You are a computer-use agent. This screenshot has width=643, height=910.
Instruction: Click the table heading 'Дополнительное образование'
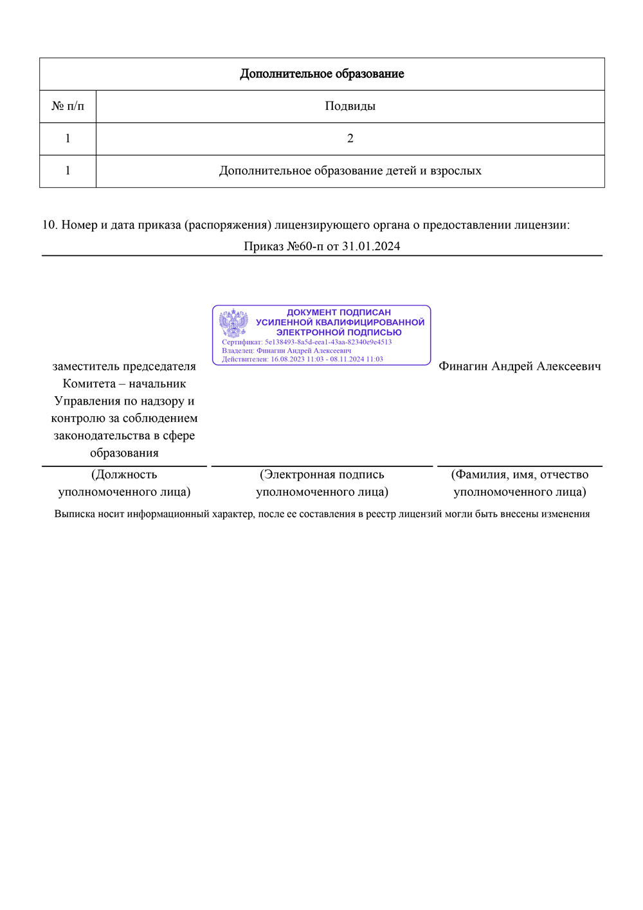321,74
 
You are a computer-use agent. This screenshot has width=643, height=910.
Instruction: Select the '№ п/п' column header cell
68,106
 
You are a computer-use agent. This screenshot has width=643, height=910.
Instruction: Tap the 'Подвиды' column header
350,106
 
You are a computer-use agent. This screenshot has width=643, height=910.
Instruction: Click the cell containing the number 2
350,138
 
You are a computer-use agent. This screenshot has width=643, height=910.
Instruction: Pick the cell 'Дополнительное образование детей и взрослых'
350,171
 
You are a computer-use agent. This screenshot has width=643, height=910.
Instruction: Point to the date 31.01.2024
371,246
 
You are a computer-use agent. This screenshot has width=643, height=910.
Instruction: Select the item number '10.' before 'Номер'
50,225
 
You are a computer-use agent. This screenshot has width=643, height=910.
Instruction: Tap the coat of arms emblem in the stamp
233,323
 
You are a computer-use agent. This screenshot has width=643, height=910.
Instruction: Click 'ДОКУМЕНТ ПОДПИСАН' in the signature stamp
339,313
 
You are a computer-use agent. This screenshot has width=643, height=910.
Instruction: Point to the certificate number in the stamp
328,342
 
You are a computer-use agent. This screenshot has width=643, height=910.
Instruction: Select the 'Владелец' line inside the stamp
286,350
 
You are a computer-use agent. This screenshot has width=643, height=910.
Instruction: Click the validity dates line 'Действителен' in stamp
302,359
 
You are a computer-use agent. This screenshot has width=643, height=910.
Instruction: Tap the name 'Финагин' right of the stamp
463,367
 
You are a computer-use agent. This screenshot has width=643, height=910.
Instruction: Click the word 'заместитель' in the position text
86,367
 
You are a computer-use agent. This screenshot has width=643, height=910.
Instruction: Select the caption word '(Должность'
124,475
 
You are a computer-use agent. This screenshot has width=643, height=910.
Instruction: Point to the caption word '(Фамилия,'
480,475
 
